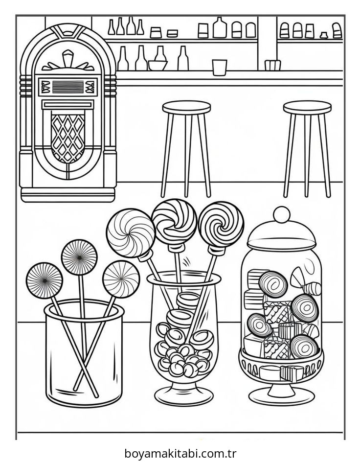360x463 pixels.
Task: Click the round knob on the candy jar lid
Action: (x=282, y=214)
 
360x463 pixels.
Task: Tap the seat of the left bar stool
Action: (x=186, y=107)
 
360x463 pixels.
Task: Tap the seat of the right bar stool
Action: (x=307, y=107)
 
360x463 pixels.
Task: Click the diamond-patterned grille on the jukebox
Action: (x=68, y=138)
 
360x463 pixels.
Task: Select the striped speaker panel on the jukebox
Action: (x=68, y=87)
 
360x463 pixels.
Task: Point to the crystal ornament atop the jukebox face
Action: (x=68, y=58)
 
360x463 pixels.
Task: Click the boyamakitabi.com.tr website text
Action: (x=180, y=453)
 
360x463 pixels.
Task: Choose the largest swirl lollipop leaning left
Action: (x=131, y=232)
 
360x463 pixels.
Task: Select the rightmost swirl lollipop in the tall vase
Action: (x=221, y=225)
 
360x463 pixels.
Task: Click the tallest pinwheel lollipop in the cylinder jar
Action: (x=79, y=257)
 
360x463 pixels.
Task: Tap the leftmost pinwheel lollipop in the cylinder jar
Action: (x=44, y=280)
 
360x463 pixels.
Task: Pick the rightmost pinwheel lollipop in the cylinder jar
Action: (x=121, y=279)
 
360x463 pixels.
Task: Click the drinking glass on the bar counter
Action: (x=220, y=68)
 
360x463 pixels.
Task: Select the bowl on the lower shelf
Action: (x=157, y=65)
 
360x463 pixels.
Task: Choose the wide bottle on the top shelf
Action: (x=220, y=27)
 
